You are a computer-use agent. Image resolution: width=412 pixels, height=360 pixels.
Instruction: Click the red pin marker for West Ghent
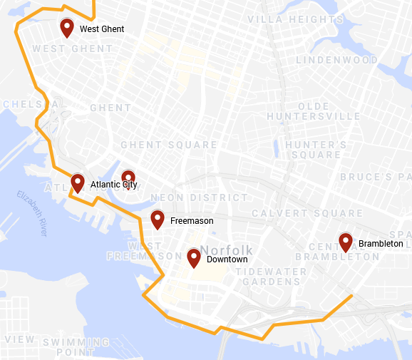pyautogui.click(x=67, y=28)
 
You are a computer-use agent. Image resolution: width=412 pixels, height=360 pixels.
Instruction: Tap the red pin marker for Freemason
pyautogui.click(x=158, y=220)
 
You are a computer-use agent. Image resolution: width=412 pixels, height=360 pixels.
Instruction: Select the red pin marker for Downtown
pyautogui.click(x=193, y=258)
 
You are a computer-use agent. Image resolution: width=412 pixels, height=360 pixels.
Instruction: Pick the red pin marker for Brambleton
pyautogui.click(x=346, y=242)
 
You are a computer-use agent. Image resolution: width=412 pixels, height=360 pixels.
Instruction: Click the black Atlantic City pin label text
pyautogui.click(x=113, y=185)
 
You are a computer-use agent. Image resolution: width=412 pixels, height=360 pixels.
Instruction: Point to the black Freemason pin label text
pyautogui.click(x=192, y=221)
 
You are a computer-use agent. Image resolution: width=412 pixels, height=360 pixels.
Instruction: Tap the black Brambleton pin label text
pyautogui.click(x=381, y=244)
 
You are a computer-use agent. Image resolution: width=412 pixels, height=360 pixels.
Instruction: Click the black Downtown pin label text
pyautogui.click(x=227, y=259)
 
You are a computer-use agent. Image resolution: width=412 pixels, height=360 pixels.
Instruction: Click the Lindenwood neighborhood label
pyautogui.click(x=337, y=61)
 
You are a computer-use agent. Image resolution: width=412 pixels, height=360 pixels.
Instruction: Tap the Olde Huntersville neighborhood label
pyautogui.click(x=314, y=111)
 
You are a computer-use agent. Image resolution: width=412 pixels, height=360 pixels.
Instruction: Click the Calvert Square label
pyautogui.click(x=307, y=213)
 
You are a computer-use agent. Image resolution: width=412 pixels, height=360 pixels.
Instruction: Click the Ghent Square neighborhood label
pyautogui.click(x=169, y=145)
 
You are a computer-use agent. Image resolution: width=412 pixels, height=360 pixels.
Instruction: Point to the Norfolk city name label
pyautogui.click(x=227, y=250)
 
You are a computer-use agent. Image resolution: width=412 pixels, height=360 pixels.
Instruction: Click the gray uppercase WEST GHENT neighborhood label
pyautogui.click(x=73, y=48)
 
